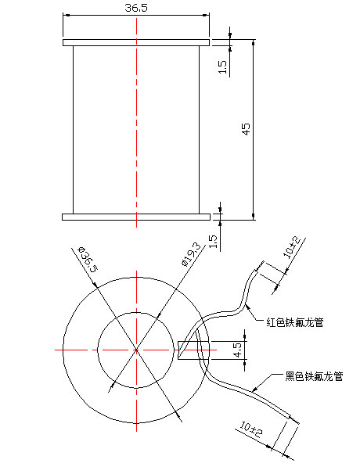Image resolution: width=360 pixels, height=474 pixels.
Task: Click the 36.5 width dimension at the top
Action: (x=136, y=7)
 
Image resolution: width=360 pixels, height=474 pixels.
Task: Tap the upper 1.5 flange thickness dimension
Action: (x=223, y=67)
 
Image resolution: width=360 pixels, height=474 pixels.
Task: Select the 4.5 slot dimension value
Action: (x=237, y=349)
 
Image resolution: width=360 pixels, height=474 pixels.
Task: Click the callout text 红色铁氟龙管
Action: (x=296, y=321)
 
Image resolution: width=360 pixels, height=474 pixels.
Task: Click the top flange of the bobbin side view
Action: (x=136, y=42)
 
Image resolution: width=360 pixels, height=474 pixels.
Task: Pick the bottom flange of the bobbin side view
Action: (x=136, y=215)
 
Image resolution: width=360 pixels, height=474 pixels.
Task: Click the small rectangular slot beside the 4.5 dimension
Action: (x=188, y=349)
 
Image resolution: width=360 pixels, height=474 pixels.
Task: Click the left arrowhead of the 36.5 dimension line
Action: (x=66, y=15)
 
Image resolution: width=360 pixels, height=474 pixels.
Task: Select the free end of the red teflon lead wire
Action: (x=256, y=271)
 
